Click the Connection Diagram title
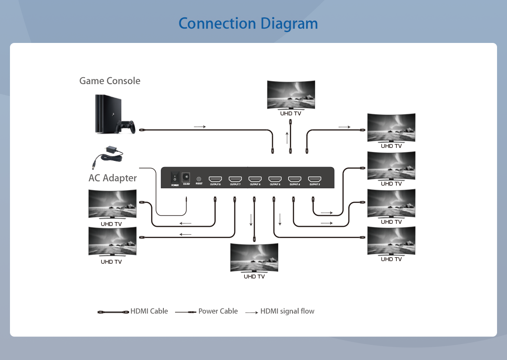tap(248, 23)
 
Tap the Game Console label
tap(110, 81)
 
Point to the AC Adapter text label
tap(113, 178)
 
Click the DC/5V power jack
tap(186, 177)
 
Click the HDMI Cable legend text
tap(149, 311)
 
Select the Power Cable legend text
tap(218, 311)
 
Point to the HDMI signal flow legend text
tap(287, 311)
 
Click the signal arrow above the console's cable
tap(200, 127)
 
